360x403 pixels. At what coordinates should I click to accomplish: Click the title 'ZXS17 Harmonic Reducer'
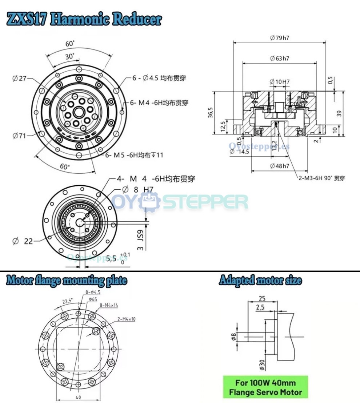(84, 19)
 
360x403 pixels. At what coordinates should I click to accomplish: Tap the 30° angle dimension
(70, 56)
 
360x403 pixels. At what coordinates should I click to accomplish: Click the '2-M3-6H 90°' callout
(320, 178)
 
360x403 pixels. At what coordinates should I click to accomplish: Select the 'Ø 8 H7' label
(138, 189)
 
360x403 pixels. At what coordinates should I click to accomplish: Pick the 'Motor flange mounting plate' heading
(67, 281)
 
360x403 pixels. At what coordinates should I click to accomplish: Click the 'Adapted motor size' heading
(260, 281)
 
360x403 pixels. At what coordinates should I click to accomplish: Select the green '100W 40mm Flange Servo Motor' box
(265, 387)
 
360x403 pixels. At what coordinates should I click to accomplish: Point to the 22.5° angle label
(68, 301)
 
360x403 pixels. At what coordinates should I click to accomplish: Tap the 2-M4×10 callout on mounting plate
(126, 319)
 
